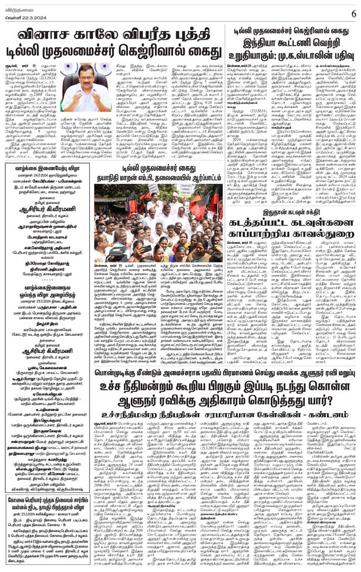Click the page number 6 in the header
tap(353, 11)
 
